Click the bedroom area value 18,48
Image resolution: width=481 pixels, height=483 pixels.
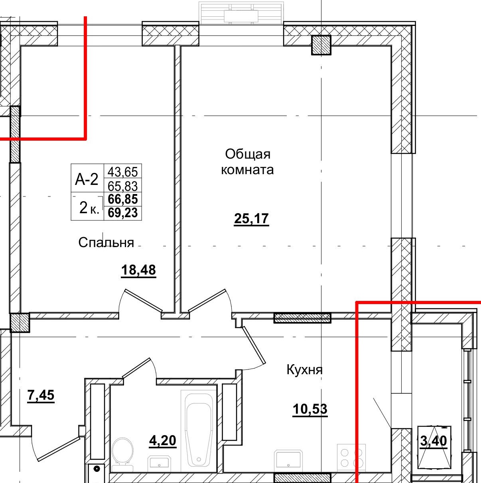138,270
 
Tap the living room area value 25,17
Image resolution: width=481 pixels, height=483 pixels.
251,219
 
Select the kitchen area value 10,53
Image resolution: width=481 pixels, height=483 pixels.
310,409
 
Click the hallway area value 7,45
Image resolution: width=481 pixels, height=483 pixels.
41,396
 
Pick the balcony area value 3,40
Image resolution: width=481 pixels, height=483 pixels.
434,441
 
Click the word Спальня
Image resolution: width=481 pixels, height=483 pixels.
106,242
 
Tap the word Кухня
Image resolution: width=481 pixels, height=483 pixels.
304,370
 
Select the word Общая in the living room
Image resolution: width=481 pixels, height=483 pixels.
248,154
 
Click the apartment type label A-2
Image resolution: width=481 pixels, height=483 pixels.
87,180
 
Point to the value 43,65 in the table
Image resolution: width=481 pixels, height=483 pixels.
123,172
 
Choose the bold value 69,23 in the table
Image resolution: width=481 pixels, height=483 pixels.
123,213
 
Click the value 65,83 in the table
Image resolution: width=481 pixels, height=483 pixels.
123,186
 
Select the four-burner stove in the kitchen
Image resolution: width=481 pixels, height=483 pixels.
351,457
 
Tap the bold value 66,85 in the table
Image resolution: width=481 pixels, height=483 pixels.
123,199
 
